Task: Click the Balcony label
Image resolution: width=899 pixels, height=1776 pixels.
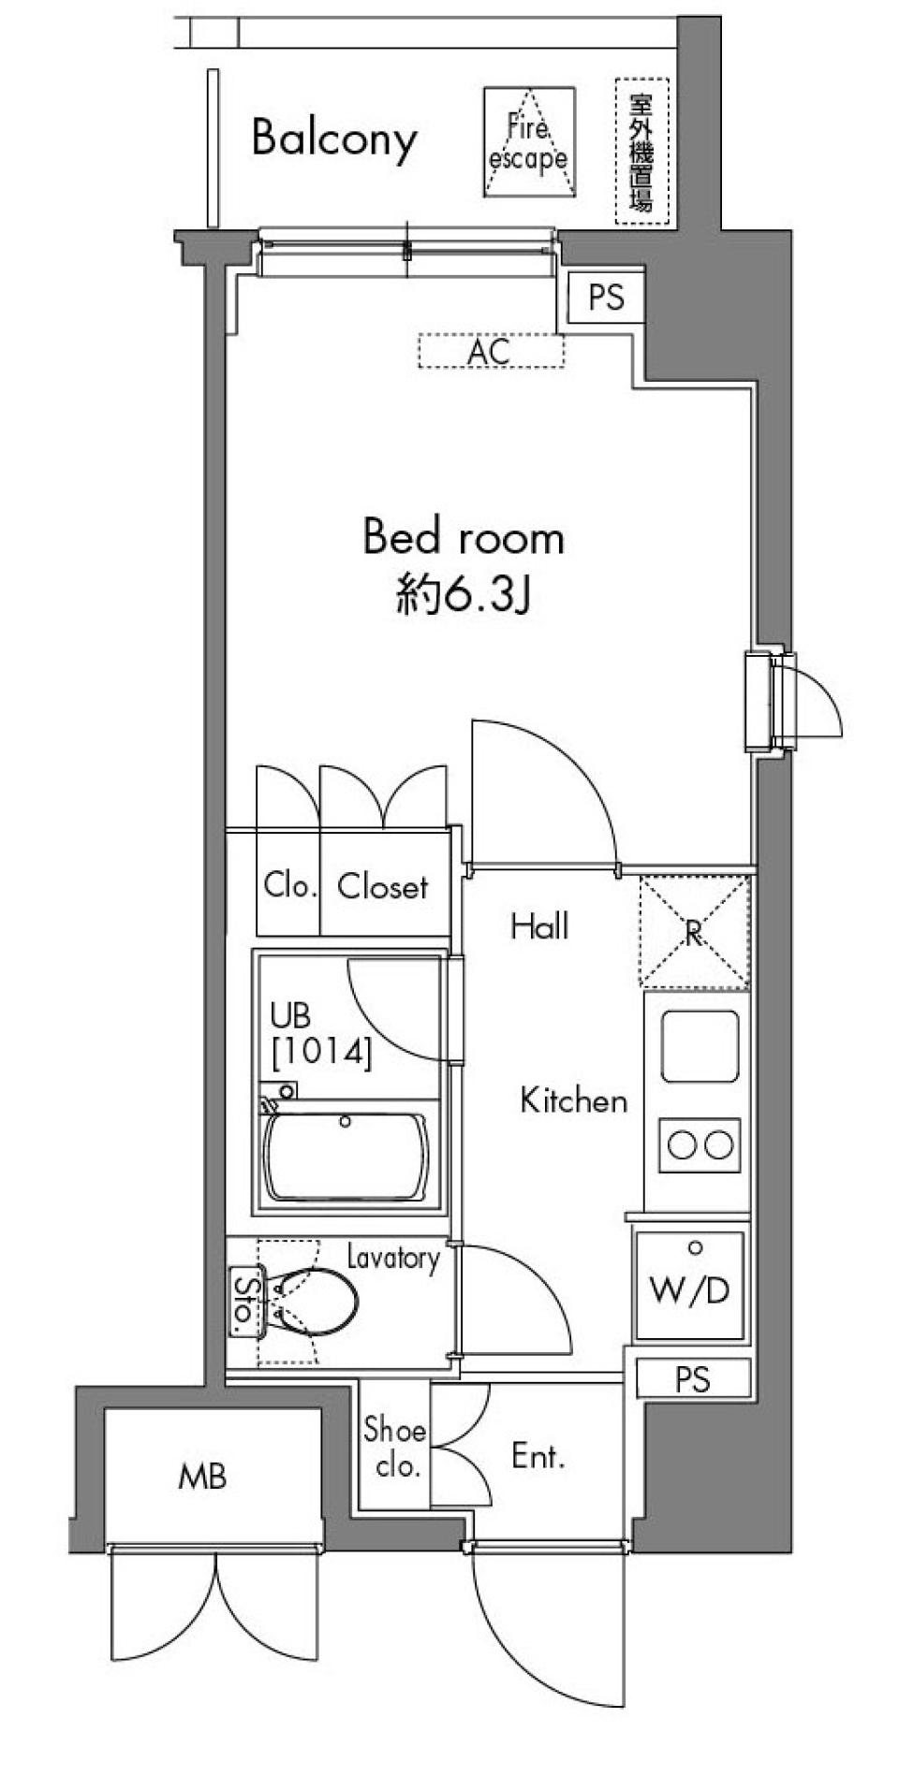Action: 333,139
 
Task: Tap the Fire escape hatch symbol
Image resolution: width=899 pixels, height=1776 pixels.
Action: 528,142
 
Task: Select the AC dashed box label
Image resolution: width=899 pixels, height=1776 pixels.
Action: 490,352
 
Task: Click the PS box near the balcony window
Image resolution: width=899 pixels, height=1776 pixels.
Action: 606,298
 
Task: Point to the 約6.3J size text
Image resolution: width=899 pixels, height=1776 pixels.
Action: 464,595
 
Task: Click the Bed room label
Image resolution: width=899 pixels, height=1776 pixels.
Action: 464,538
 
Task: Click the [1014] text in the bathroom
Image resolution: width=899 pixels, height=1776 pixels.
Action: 321,1053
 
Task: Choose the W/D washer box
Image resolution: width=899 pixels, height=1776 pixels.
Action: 690,1287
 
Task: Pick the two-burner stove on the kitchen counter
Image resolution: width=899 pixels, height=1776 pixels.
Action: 699,1143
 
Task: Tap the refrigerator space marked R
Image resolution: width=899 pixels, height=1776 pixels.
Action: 694,932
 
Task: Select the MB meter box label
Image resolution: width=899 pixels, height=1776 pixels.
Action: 202,1478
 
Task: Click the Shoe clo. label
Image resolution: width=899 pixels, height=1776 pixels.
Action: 395,1447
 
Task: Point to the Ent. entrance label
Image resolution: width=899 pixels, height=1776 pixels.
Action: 538,1456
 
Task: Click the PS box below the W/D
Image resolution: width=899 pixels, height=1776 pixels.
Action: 693,1378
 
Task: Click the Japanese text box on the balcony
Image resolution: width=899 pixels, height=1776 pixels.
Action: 642,152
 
